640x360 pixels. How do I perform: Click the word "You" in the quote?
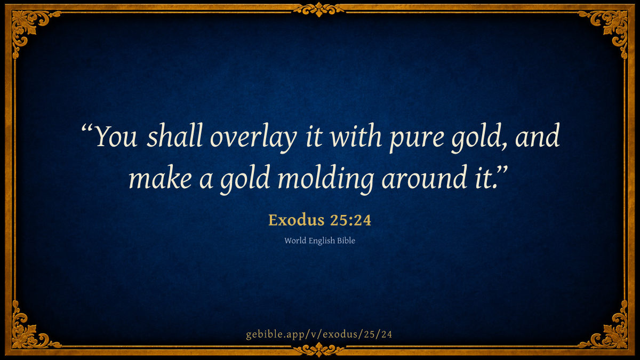click(116, 136)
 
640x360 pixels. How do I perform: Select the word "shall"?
click(174, 135)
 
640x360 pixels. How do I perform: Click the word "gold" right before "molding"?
click(245, 179)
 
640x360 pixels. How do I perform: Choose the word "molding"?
click(326, 179)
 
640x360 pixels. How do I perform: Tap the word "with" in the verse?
click(356, 135)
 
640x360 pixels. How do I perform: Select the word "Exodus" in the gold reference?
click(297, 220)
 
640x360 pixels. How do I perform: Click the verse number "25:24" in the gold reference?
click(350, 220)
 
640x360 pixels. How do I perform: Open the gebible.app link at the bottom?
click(319, 334)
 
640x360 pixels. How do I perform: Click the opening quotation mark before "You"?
click(87, 129)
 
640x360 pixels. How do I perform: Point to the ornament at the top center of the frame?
click(319, 10)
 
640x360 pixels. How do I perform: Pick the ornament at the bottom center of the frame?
click(319, 350)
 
